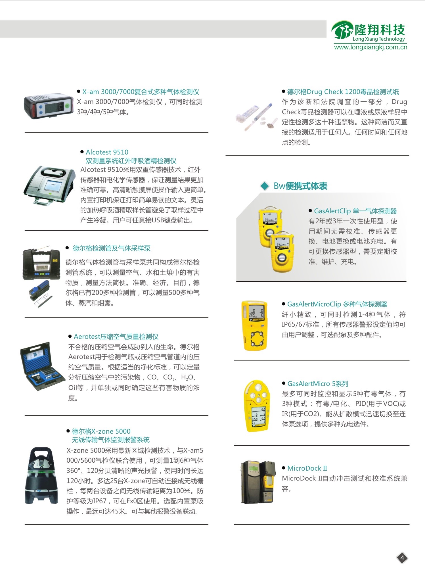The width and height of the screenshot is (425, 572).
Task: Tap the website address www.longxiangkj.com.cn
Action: [x=370, y=47]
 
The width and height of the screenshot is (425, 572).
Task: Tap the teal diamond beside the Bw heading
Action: [x=265, y=186]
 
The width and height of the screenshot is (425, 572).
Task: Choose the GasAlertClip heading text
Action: [x=355, y=211]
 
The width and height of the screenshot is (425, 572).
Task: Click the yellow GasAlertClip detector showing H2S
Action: [x=282, y=252]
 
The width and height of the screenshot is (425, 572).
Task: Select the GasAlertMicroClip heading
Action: [x=337, y=304]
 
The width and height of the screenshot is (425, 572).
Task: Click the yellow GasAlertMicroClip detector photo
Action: [x=254, y=326]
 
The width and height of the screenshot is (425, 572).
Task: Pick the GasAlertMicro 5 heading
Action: [x=318, y=384]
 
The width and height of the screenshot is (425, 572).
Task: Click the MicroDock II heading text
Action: [x=307, y=468]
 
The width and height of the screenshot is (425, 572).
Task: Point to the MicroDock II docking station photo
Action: [x=258, y=482]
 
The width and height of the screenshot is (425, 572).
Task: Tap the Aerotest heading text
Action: [x=116, y=337]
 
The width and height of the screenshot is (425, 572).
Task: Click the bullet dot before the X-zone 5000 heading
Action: [x=68, y=431]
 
